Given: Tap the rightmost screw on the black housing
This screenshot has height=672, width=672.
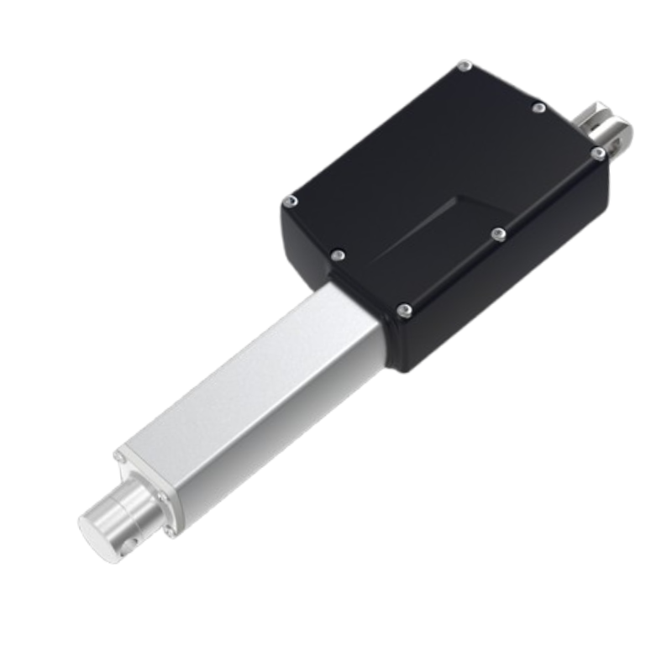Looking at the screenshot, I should click(597, 153).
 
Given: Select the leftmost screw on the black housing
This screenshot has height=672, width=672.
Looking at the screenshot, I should click(290, 202).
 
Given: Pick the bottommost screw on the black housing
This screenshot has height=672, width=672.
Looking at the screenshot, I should click(404, 311).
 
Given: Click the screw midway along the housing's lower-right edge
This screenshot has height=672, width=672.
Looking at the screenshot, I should click(499, 234).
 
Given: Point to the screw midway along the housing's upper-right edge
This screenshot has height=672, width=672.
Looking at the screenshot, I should click(539, 108).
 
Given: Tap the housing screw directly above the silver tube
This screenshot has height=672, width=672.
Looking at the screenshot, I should click(338, 255).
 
